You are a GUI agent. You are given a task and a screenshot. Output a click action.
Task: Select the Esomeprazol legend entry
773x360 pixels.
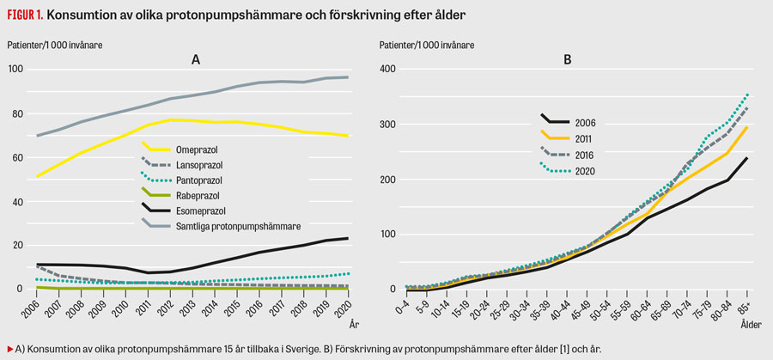click(199, 209)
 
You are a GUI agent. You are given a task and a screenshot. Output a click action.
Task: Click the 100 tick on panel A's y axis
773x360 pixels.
click(15, 70)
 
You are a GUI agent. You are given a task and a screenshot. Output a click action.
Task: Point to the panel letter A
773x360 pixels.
click(196, 59)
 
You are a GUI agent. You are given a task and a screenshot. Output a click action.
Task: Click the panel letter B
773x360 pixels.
click(567, 59)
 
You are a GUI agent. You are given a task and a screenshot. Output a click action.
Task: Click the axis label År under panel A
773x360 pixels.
click(354, 325)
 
